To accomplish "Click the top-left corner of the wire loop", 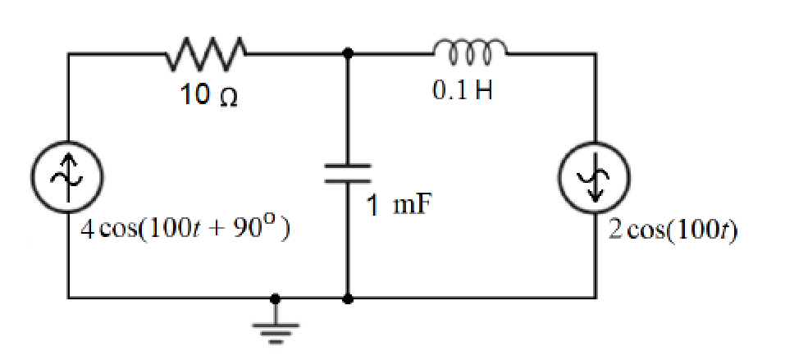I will coord(69,54).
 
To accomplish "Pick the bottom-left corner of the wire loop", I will coord(69,298).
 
